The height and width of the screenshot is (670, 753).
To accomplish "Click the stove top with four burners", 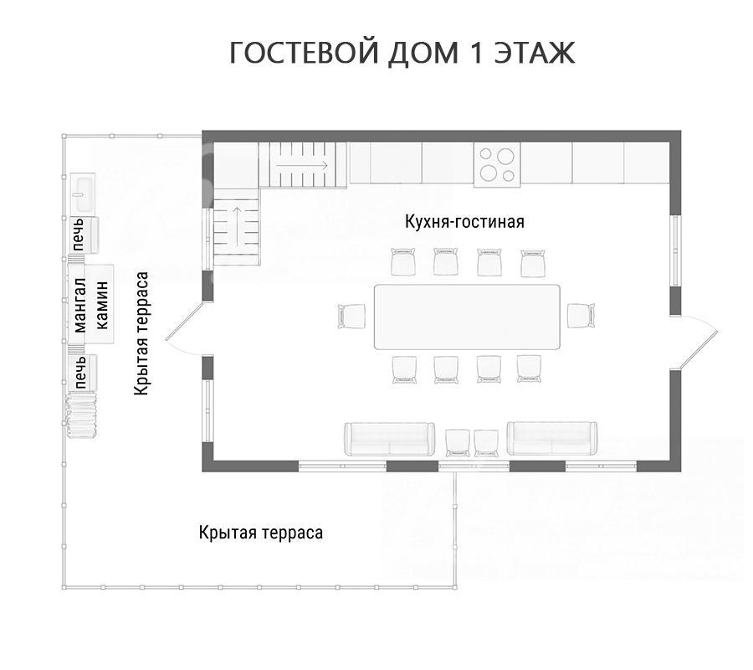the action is (x=497, y=164).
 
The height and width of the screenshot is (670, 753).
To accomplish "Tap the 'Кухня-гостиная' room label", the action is (x=464, y=222).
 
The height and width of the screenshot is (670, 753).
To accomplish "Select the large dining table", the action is (x=467, y=317).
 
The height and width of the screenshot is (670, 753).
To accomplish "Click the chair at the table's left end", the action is (x=351, y=317).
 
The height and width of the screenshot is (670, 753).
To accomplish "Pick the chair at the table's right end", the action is (x=581, y=315).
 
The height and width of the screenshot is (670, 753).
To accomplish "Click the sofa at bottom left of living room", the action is (x=389, y=439).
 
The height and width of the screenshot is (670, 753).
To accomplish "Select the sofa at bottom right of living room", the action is (x=552, y=438).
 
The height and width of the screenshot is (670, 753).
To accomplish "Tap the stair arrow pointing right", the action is (x=301, y=165).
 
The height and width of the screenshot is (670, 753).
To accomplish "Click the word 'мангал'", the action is (x=79, y=305).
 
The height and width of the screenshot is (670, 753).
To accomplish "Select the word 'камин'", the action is (x=102, y=305).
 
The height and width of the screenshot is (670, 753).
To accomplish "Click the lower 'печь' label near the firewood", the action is (x=80, y=372).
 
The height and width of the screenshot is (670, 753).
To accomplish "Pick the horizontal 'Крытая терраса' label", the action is (x=261, y=533).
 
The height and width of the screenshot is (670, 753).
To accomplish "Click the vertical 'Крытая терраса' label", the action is (x=141, y=334).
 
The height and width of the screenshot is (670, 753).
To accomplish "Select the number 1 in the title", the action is (x=476, y=54).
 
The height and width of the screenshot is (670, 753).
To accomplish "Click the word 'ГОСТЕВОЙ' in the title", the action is (x=305, y=54).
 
